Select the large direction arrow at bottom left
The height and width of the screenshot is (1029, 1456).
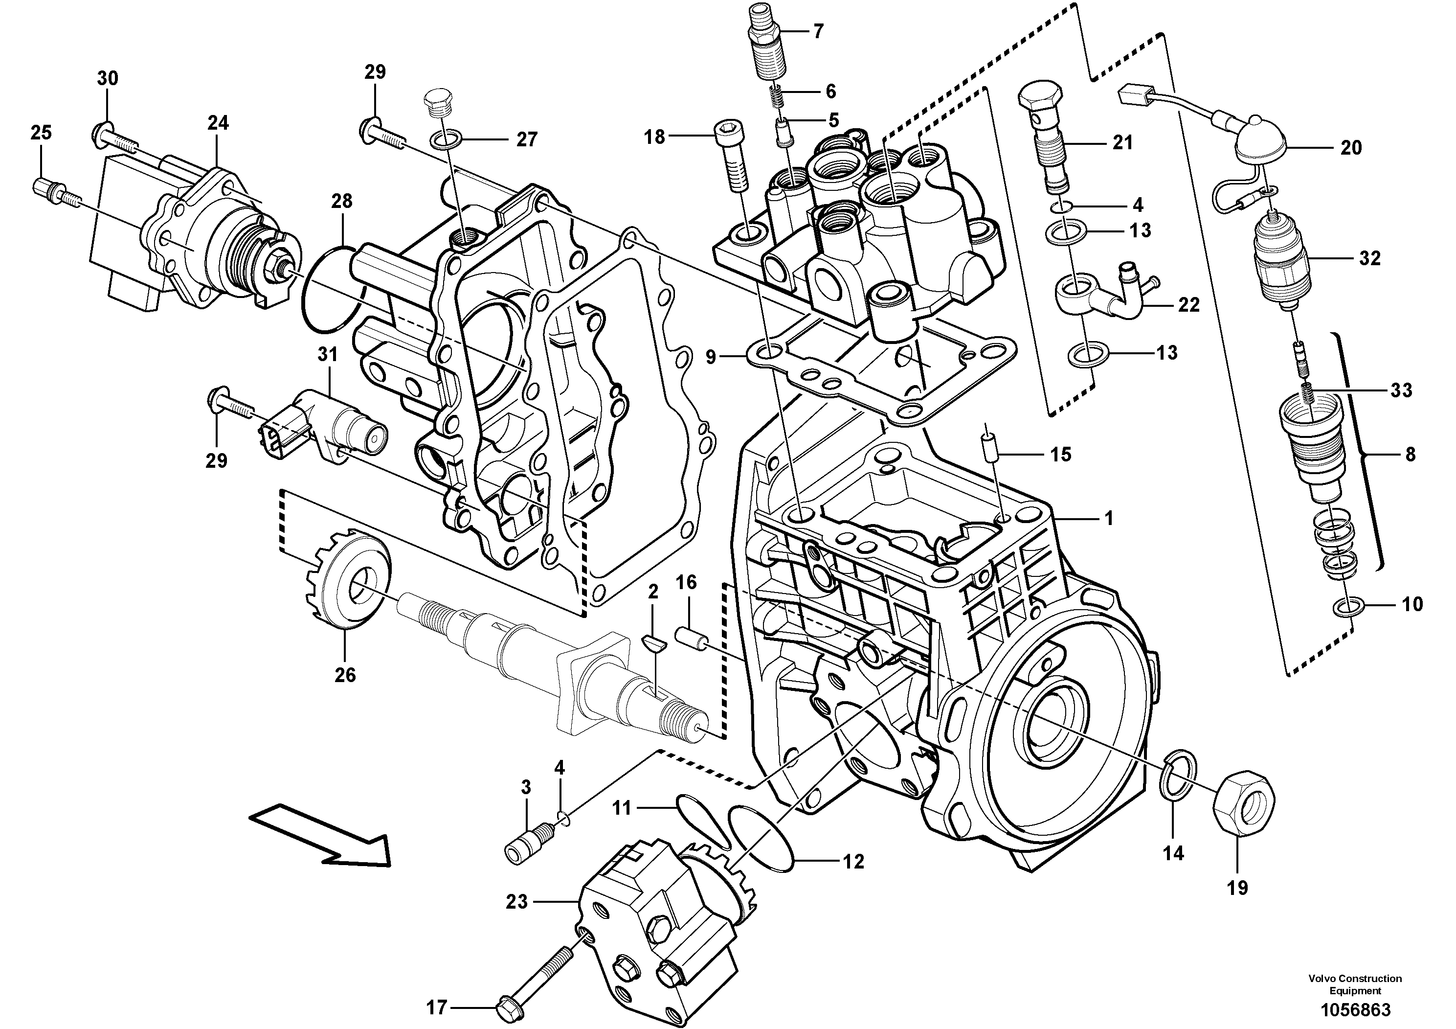click(321, 836)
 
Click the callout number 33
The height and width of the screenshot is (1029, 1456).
click(1401, 389)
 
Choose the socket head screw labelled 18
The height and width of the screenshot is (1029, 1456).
click(733, 159)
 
